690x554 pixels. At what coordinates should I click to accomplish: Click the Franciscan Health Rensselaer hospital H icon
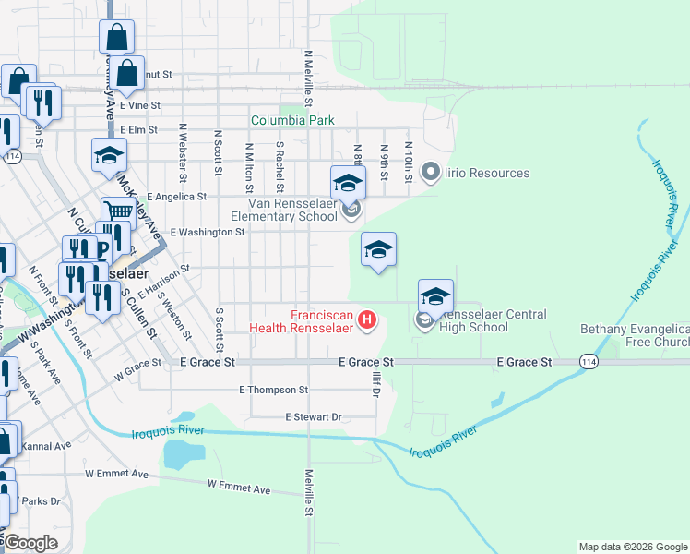(x=367, y=320)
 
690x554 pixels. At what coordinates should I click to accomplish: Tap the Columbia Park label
(x=293, y=121)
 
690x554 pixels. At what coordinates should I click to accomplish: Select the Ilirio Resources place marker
(x=429, y=172)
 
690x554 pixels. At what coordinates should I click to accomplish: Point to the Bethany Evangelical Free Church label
(x=635, y=336)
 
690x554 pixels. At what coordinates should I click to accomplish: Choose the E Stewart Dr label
(x=313, y=417)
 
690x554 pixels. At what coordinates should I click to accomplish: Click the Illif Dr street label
(x=376, y=380)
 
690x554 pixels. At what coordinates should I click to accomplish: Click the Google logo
(x=30, y=543)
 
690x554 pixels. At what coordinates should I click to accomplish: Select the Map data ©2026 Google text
(x=632, y=547)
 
